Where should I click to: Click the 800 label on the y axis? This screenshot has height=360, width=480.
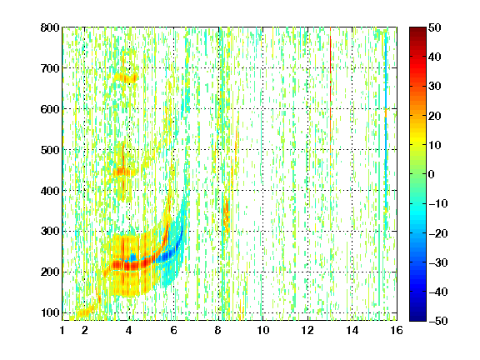50,27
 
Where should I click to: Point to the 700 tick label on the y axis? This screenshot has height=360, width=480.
50,68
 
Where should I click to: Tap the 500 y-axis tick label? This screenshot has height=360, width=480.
50,150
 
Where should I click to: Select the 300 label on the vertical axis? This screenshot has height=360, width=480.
50,231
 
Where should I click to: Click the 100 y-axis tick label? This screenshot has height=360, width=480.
50,312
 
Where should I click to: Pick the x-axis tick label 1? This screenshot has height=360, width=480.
62,330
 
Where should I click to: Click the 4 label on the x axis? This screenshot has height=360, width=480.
129,330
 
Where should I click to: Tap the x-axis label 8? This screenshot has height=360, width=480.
217,330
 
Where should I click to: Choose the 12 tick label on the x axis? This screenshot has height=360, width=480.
307,330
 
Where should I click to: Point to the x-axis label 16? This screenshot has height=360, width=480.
397,330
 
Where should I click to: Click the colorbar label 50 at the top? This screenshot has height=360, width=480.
434,27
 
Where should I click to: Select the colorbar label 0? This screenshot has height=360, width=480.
432,174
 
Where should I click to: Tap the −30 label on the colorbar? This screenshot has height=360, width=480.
437,262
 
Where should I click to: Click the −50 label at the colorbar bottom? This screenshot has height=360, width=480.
437,321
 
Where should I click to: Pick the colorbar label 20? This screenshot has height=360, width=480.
434,116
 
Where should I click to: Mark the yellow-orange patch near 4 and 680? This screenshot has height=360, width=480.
126,78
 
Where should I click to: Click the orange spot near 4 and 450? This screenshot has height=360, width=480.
122,172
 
